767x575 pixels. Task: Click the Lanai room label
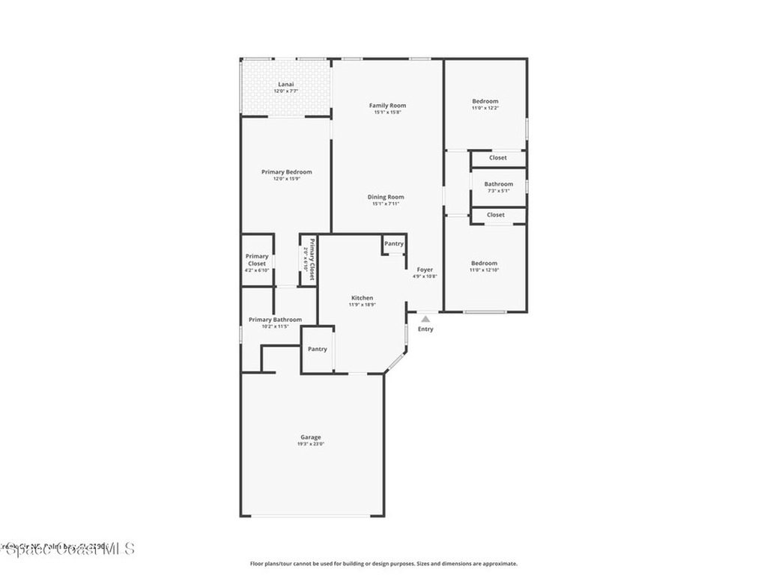click(x=286, y=85)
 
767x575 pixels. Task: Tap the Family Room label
click(x=387, y=106)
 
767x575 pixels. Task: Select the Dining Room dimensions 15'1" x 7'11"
click(x=386, y=204)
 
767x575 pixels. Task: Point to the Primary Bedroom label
click(x=286, y=172)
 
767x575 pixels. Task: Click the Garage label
click(x=311, y=437)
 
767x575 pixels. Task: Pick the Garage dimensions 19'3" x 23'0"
click(x=311, y=444)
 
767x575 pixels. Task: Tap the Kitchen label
click(x=362, y=298)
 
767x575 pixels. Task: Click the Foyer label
click(x=425, y=270)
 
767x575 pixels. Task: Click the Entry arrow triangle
click(x=425, y=319)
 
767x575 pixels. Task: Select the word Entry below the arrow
click(x=425, y=329)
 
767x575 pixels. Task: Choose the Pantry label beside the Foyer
click(x=394, y=243)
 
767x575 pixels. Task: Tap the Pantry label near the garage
click(x=318, y=349)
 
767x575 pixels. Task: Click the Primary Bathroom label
click(x=275, y=320)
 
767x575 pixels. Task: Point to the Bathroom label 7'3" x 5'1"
click(x=499, y=184)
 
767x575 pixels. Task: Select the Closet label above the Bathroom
click(x=498, y=158)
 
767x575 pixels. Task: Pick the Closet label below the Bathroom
click(x=496, y=215)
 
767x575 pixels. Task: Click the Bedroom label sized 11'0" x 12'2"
click(x=485, y=101)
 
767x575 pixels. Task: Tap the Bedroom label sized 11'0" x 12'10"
click(x=484, y=263)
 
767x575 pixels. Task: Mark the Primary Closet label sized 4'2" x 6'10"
click(x=257, y=260)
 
